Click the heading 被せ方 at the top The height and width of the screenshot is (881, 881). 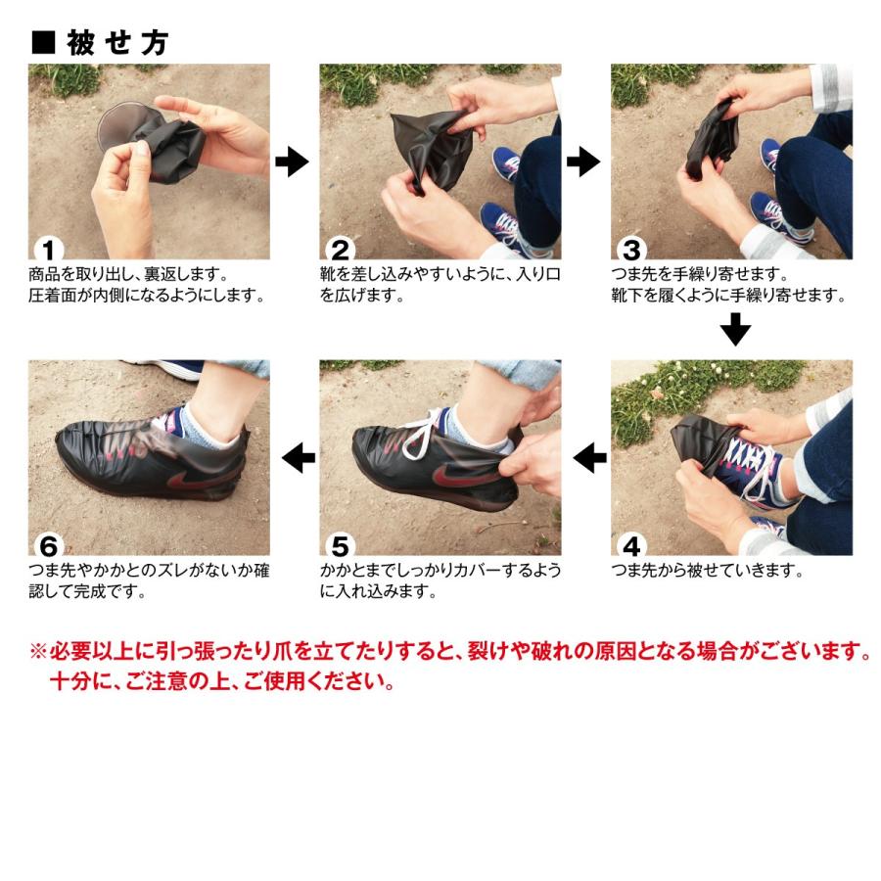pyautogui.click(x=116, y=43)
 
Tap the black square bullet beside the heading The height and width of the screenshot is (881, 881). pyautogui.click(x=43, y=43)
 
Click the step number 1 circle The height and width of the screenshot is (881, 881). pyautogui.click(x=49, y=250)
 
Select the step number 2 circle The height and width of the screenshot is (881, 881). pyautogui.click(x=340, y=250)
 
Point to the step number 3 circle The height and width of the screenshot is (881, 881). pyautogui.click(x=631, y=250)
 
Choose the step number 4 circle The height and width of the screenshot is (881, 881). pyautogui.click(x=631, y=545)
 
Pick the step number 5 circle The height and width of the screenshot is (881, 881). pyautogui.click(x=340, y=545)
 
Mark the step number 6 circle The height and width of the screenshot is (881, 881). pyautogui.click(x=49, y=545)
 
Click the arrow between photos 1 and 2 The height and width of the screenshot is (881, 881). pyautogui.click(x=292, y=162)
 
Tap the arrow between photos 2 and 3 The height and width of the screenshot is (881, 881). pyautogui.click(x=583, y=162)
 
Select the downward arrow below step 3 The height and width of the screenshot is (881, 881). pyautogui.click(x=735, y=329)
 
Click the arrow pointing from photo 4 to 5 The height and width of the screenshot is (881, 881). pyautogui.click(x=590, y=457)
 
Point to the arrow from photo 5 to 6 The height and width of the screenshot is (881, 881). pyautogui.click(x=299, y=457)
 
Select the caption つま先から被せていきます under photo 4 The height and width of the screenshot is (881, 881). pyautogui.click(x=707, y=571)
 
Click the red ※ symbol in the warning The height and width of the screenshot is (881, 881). pyautogui.click(x=38, y=652)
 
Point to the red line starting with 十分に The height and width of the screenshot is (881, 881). pyautogui.click(x=222, y=681)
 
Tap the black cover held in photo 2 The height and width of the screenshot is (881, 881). pyautogui.click(x=432, y=149)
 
